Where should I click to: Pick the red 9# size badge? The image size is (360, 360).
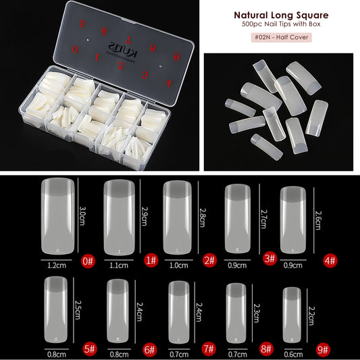(324, 350)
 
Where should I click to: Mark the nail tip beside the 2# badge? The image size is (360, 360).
(176, 217)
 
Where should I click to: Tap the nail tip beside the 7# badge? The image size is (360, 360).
(178, 313)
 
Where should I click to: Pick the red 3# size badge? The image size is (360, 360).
(269, 257)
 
